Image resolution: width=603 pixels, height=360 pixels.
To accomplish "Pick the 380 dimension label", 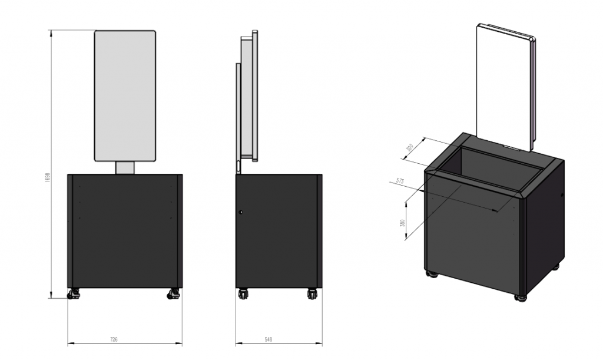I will [402, 224].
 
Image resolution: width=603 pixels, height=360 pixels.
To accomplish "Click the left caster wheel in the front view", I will [73, 293].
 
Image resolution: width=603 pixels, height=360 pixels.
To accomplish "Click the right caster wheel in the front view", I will [174, 293].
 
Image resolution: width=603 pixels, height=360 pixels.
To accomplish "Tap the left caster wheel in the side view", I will [243, 293].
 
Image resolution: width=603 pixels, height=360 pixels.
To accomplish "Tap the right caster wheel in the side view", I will [312, 293].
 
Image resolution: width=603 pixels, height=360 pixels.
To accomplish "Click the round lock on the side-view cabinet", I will [240, 212].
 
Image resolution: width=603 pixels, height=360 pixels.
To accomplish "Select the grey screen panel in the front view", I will [125, 95].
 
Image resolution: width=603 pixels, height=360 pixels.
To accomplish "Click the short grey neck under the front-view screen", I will [125, 168].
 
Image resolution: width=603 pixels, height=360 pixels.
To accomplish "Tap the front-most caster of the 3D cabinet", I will [520, 296].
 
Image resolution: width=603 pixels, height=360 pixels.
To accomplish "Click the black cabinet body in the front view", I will [125, 230].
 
